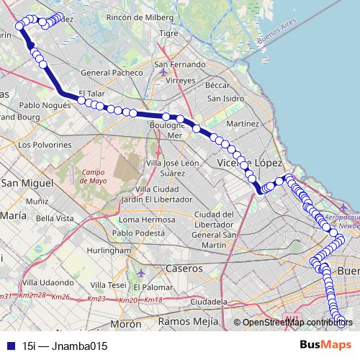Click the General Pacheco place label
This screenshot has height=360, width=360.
pos(110,73)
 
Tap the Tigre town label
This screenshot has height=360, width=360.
pos(168,33)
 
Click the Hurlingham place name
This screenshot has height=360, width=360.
pos(108,250)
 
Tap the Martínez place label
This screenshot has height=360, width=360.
pos(242,125)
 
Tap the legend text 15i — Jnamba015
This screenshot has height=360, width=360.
pos(65,346)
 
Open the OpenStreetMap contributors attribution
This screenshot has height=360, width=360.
pos(293,322)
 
